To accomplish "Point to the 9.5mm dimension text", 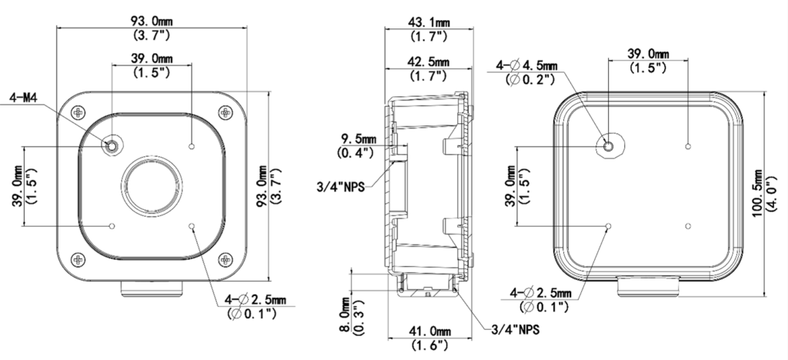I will (x=356, y=140).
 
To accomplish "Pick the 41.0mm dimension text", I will (x=429, y=332).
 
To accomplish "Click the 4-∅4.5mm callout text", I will (x=531, y=65).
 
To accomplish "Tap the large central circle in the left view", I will (x=151, y=185).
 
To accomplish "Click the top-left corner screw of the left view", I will (x=78, y=112).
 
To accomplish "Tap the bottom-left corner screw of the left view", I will (x=78, y=258).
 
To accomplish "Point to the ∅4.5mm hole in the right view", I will (x=608, y=145).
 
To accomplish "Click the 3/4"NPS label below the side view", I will (x=513, y=330).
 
